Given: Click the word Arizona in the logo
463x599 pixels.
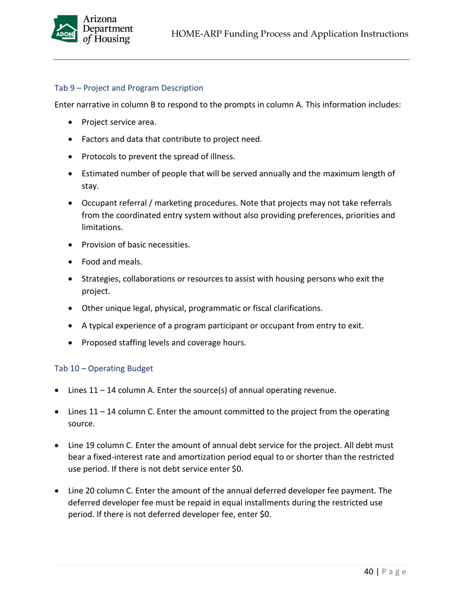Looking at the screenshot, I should [100, 20].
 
